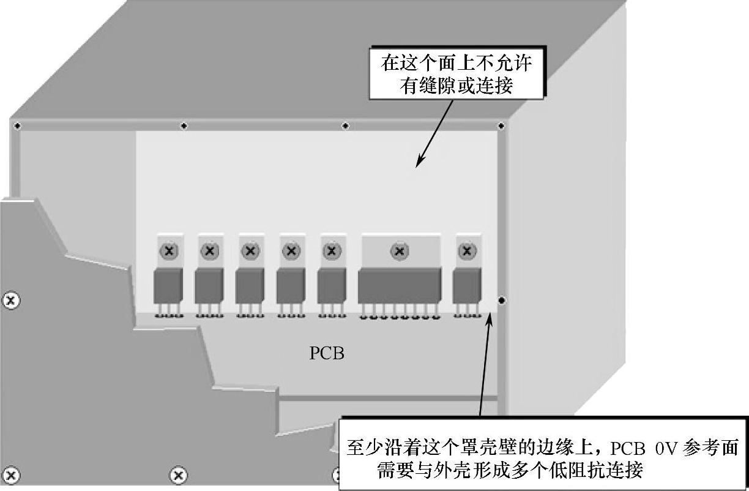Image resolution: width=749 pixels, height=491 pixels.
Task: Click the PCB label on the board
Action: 327,354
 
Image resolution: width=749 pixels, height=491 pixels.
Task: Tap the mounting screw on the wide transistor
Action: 400,250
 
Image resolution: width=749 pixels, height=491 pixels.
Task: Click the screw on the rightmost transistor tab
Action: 467,250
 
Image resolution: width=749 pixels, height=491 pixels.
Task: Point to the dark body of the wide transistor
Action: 399,285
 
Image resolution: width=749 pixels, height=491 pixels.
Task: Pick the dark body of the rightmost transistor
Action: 467,287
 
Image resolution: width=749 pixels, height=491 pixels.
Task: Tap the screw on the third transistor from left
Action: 250,250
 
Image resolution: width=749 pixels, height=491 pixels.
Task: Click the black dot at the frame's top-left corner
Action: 17,126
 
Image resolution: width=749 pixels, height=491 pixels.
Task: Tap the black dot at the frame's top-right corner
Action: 501,126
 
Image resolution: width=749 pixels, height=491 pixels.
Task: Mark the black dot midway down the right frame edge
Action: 502,300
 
